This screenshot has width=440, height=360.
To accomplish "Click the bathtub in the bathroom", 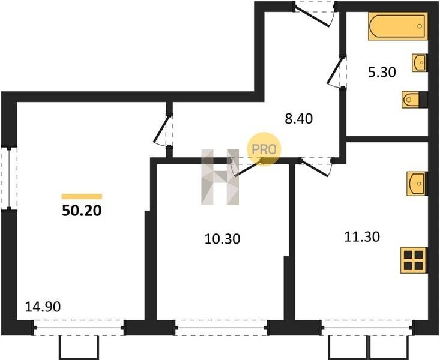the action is coord(397,26).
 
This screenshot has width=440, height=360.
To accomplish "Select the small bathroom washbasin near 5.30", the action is coord(420,63).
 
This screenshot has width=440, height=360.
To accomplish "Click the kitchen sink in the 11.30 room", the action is coord(417,184).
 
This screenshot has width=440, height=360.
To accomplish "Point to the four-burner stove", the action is coord(414,260).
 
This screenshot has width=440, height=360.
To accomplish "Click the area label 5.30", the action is coord(382,73).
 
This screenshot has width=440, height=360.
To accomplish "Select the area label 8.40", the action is coord(298,119).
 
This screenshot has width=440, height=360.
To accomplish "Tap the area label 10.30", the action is coord(222,239).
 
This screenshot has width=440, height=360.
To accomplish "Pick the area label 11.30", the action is coord(362,237).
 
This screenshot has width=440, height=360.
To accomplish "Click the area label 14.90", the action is coord(43,307).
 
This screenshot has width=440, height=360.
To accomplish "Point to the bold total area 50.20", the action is coord(82,211).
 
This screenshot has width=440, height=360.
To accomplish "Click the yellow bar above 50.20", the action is coord(82,196).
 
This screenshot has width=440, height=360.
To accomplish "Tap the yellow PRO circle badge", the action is coord(264,149).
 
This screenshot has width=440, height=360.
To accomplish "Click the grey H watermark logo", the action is coord(220,177).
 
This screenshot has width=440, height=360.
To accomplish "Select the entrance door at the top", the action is coord(315,13).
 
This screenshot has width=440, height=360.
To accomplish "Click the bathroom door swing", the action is coord(337,71).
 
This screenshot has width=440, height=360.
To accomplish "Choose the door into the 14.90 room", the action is coord(163,130).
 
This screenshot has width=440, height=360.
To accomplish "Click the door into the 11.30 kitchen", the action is coord(316,167).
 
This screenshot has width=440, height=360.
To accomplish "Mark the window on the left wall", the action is coord(9,178).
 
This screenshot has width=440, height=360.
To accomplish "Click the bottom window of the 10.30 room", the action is coord(222,328).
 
